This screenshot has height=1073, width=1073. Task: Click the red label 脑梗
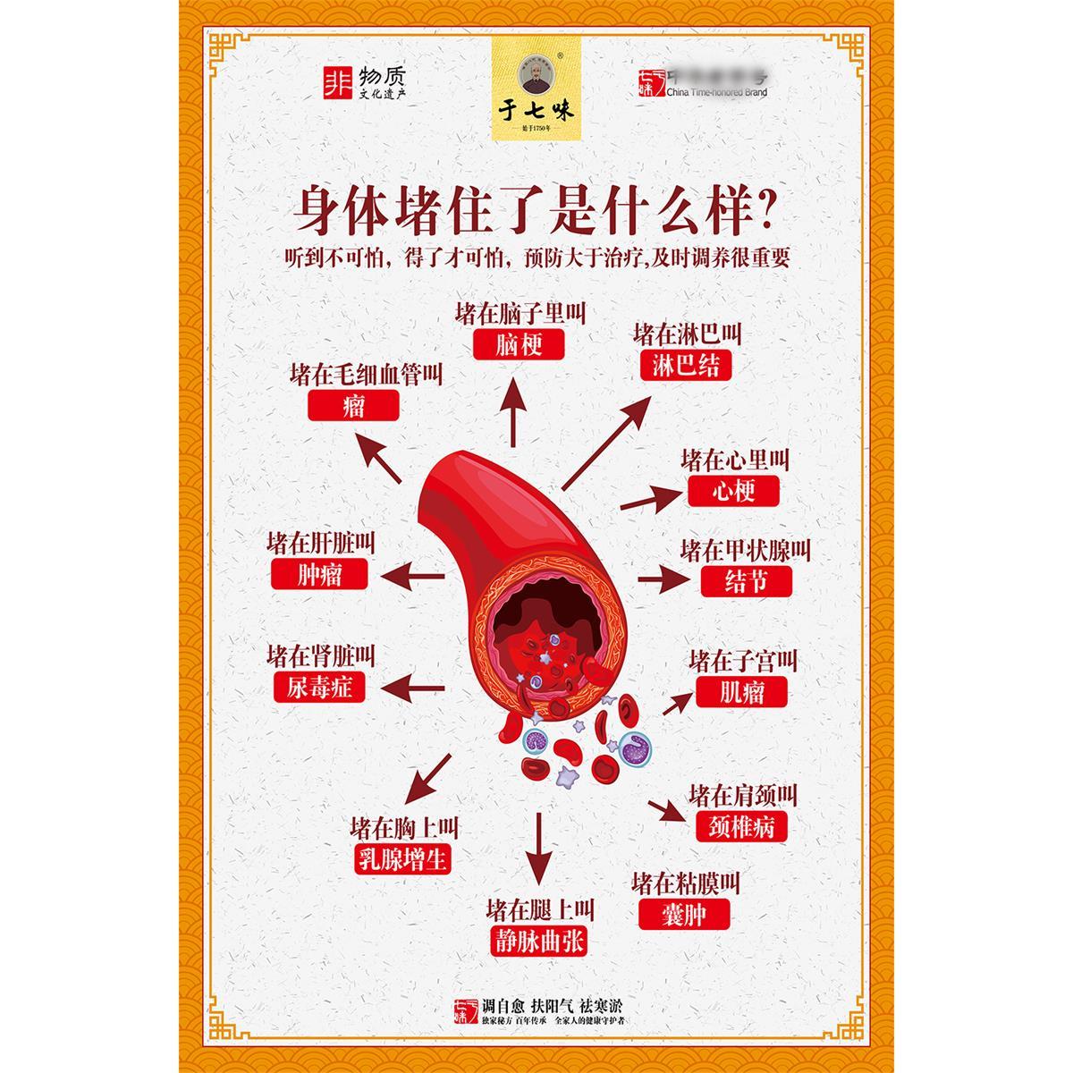coord(519,344)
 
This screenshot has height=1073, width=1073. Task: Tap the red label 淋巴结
coord(686,364)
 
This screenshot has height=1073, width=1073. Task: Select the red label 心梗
coord(734,491)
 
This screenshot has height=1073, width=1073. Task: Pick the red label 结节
coord(746,581)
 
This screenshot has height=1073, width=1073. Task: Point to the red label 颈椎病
coord(741,825)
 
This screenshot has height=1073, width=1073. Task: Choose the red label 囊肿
coord(685,914)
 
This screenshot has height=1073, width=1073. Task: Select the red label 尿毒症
coord(319,687)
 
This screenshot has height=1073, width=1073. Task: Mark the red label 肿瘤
coord(319,573)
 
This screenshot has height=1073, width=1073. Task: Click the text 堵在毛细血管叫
coord(367,375)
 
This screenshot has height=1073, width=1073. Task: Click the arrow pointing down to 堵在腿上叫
coord(538,849)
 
